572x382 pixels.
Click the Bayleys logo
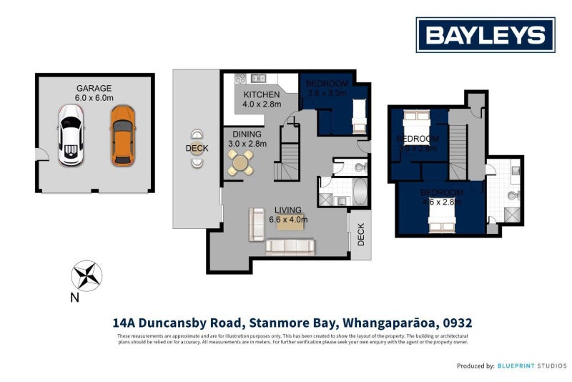(x=485, y=35)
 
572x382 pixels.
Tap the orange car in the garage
(x=122, y=135)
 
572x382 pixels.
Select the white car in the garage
(x=70, y=135)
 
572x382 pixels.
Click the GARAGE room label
(x=95, y=88)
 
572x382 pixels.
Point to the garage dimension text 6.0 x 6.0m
(x=95, y=98)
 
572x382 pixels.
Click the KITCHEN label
(x=262, y=95)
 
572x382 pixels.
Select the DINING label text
(x=245, y=134)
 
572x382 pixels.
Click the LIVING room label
(x=288, y=210)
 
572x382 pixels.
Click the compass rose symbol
(x=86, y=275)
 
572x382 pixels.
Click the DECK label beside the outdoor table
(x=197, y=149)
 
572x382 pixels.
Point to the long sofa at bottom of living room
(x=290, y=247)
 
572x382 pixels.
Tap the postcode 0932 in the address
(x=457, y=323)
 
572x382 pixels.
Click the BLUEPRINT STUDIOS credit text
(x=533, y=366)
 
